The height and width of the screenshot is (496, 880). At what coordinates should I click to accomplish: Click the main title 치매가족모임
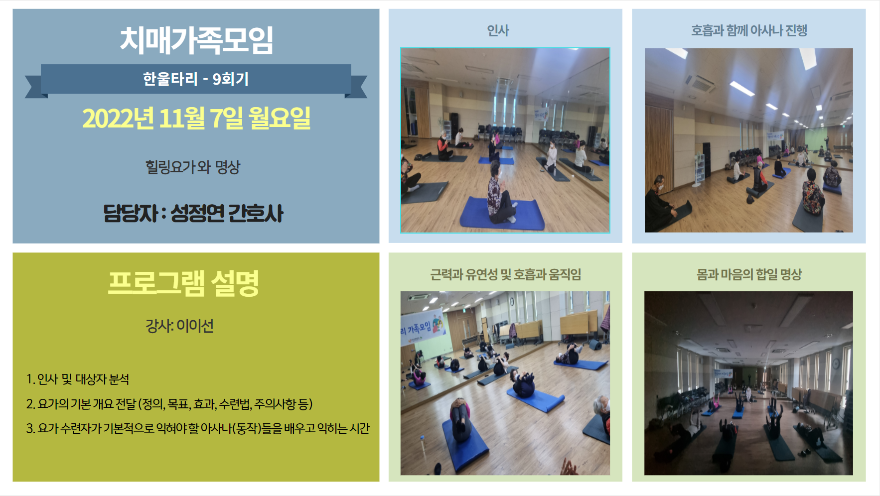point(196,40)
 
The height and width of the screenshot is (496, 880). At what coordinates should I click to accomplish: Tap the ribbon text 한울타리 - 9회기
point(196,79)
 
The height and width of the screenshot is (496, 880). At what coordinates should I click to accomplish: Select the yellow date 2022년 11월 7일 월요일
point(196,118)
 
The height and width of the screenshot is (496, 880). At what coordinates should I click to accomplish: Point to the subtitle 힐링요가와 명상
point(193,166)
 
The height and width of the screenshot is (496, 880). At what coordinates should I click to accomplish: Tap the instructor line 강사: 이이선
point(180,326)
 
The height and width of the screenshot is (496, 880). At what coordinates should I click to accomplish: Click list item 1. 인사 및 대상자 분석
point(78,379)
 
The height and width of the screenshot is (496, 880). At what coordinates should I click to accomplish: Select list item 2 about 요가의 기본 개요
point(169,404)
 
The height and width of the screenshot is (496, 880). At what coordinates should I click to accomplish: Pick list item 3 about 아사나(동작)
point(198,428)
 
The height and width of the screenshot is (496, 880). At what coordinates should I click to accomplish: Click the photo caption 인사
point(498,31)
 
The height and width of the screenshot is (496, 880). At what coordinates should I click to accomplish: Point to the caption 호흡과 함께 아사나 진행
point(749,31)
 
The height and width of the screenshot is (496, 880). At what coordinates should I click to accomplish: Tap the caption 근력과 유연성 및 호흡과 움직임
point(506,274)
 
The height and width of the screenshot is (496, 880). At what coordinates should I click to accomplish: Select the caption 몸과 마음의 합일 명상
point(749,274)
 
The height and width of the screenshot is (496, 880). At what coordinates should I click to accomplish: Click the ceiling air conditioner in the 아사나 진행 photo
point(702,82)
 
